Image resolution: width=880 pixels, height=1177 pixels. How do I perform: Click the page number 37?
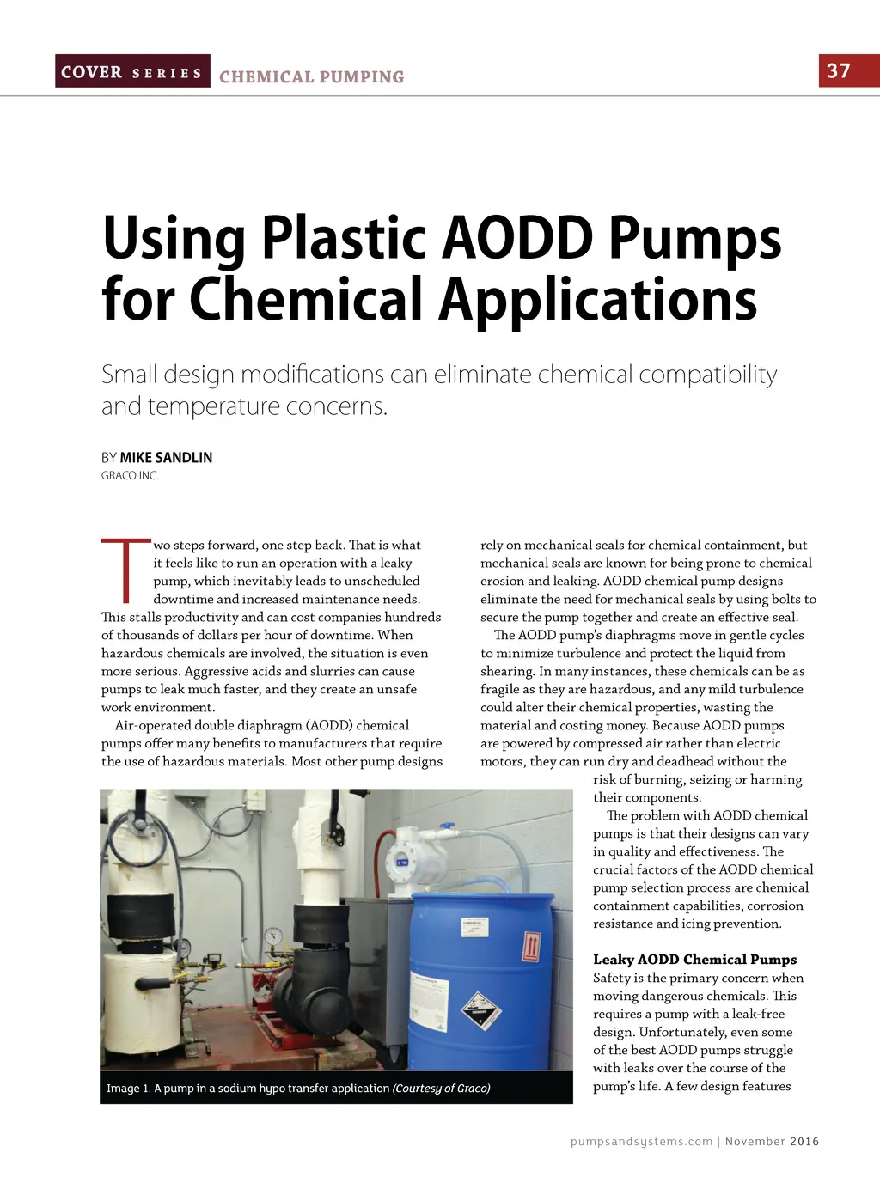[x=838, y=70]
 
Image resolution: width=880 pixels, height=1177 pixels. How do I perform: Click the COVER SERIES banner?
[x=132, y=72]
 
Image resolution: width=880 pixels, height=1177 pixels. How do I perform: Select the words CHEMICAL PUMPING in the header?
[x=311, y=77]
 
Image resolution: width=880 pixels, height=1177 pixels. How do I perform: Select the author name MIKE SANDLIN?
[x=166, y=457]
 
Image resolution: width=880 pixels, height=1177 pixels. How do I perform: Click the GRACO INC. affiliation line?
[x=130, y=476]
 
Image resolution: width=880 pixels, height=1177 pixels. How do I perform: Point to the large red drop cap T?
[x=125, y=570]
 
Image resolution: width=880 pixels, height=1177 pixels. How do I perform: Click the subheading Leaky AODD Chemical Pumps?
[x=694, y=959]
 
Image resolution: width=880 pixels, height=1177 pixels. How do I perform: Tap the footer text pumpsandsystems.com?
[x=641, y=1141]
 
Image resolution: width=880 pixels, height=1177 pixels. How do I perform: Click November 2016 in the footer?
[x=772, y=1141]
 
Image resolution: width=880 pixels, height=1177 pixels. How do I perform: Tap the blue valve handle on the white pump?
[x=443, y=832]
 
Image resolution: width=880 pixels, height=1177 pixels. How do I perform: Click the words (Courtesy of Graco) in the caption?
[x=442, y=1088]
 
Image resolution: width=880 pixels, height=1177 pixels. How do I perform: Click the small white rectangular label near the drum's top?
[x=474, y=926]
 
